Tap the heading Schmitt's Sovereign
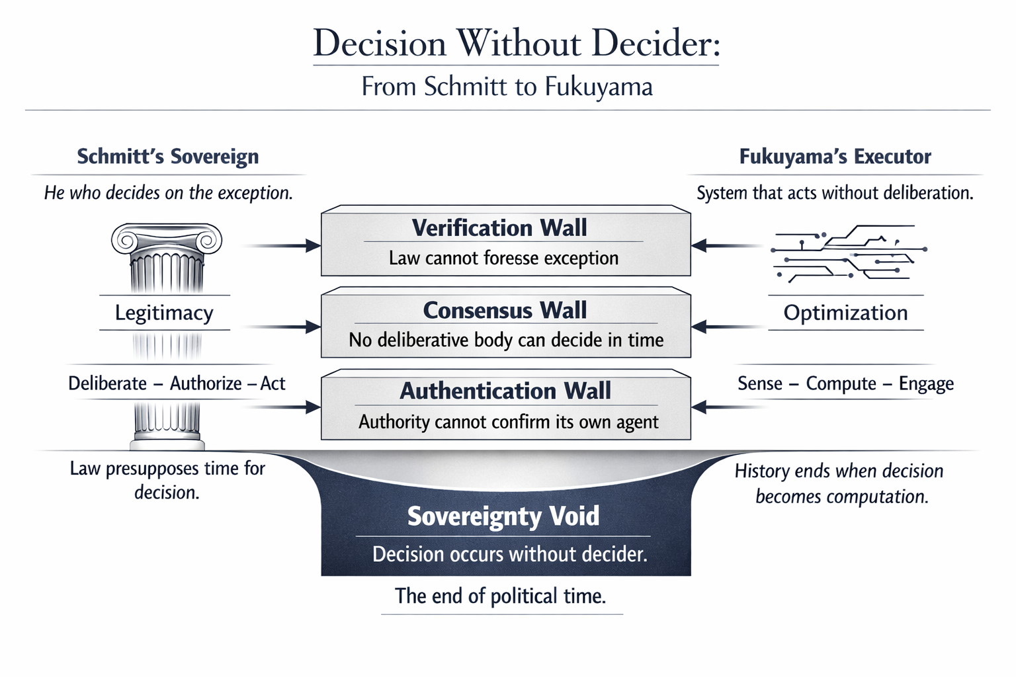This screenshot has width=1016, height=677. click(168, 157)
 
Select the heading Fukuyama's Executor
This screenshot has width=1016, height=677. click(835, 157)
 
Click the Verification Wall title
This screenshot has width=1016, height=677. click(499, 227)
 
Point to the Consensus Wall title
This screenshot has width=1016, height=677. click(505, 310)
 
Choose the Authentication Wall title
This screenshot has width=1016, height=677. click(505, 391)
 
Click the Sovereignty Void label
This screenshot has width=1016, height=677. click(503, 516)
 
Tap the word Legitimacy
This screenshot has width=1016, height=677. click(164, 313)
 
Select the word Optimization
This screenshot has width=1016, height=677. click(845, 313)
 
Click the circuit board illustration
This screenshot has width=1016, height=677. click(849, 253)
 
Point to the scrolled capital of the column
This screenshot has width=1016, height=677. click(167, 239)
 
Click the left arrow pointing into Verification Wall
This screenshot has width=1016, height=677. click(281, 246)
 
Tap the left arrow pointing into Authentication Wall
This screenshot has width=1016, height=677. click(281, 407)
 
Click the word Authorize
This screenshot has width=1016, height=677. click(206, 383)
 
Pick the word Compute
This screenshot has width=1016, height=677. click(841, 383)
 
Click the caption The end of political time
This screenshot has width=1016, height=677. click(500, 596)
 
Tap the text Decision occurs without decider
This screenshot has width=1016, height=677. click(510, 554)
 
